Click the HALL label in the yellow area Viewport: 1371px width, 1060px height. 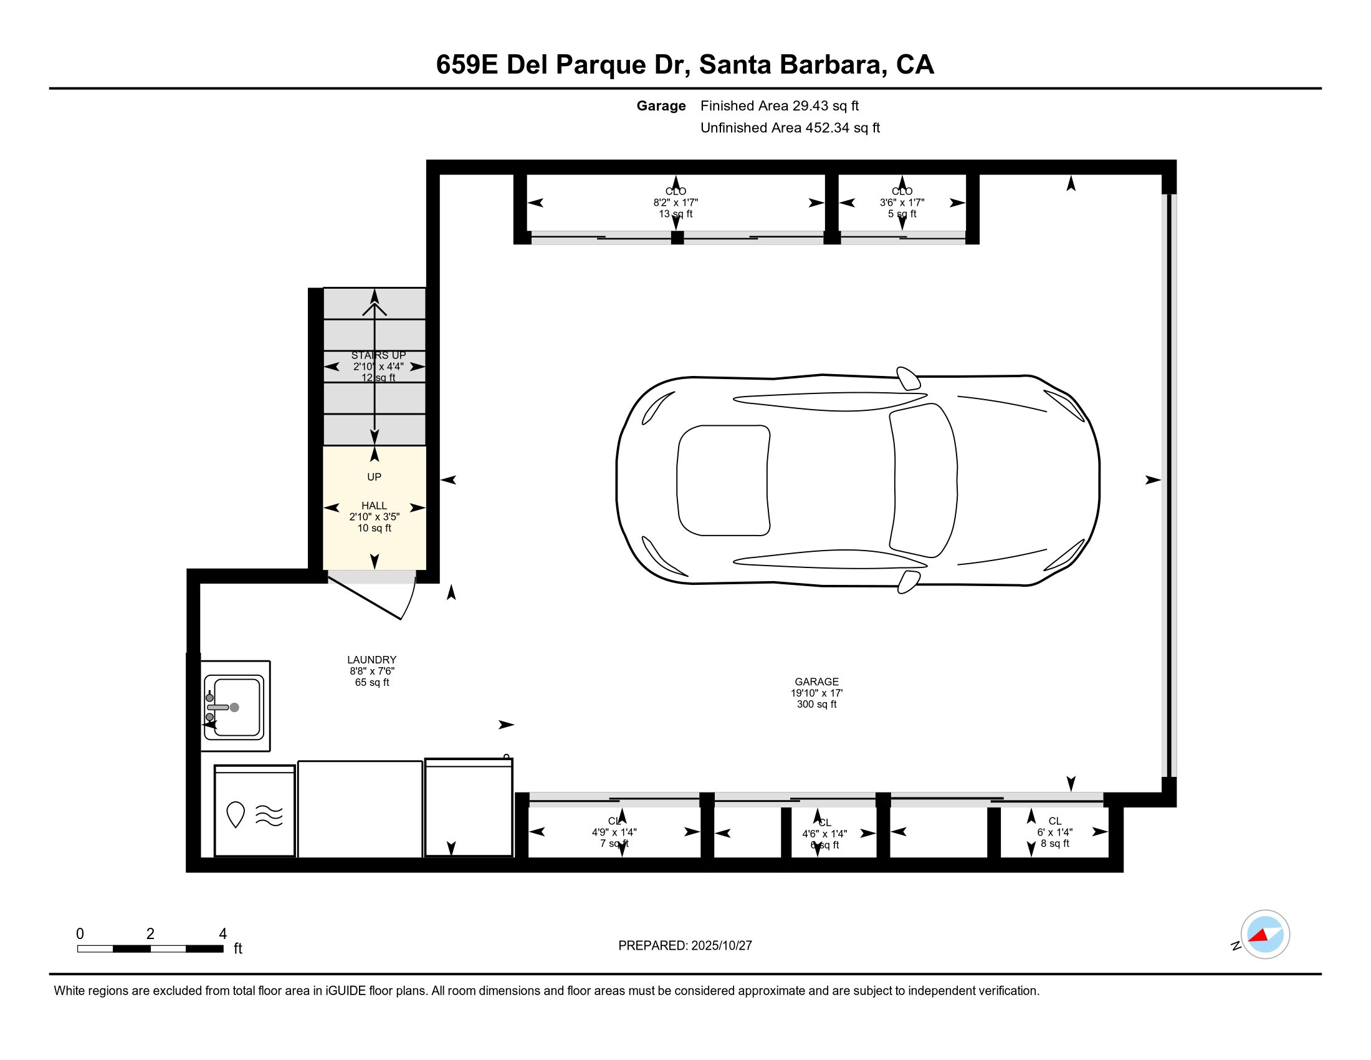(x=374, y=506)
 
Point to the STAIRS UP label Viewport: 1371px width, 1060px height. (x=378, y=355)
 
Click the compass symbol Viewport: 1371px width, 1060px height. (x=1264, y=935)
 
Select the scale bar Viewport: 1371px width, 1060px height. (x=150, y=949)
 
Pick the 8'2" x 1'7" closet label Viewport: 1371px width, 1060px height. (x=676, y=202)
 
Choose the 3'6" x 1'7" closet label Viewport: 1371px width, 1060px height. (x=902, y=202)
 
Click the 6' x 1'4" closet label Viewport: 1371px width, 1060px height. (x=1054, y=832)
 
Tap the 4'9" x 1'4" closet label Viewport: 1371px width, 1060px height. (x=614, y=832)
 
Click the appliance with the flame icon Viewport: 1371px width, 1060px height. (x=254, y=814)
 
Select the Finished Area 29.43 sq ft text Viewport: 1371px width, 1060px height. (x=779, y=105)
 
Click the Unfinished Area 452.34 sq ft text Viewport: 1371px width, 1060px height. (x=790, y=127)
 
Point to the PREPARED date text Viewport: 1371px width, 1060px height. (x=685, y=946)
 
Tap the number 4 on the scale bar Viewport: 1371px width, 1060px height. (x=222, y=934)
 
